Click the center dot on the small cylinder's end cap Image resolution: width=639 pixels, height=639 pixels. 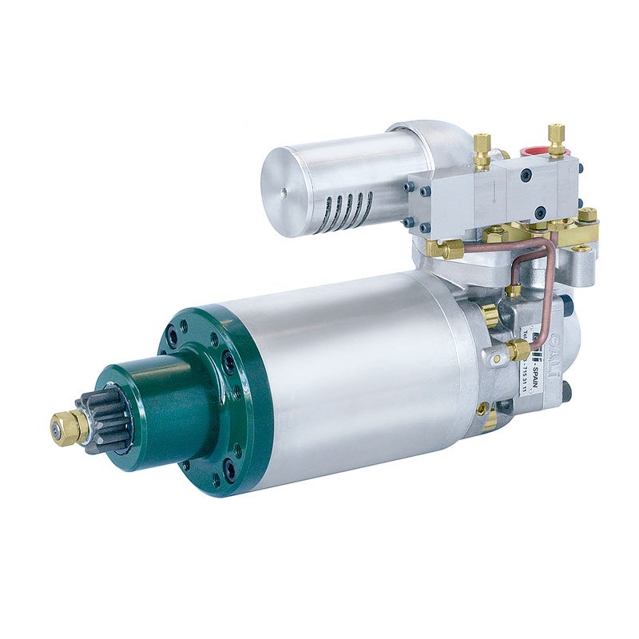coord(284,192)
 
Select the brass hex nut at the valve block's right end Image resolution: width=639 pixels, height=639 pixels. coord(588,215)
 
